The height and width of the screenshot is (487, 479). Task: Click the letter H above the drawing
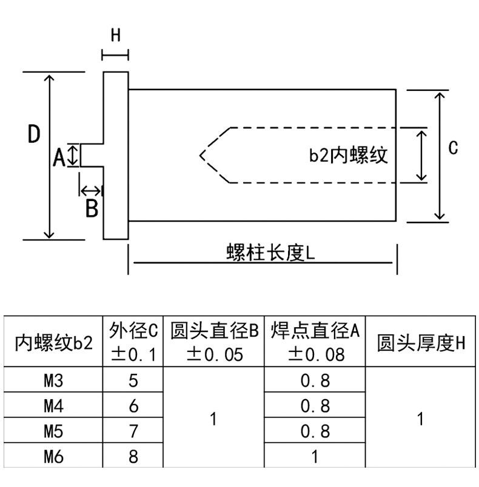[116, 35]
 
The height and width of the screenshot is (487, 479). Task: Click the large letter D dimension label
[34, 134]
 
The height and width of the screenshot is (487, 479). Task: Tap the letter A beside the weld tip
[59, 157]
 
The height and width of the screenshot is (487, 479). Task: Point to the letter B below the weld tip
[92, 208]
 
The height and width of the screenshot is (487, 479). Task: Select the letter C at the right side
[453, 148]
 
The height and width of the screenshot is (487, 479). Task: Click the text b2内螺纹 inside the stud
[348, 155]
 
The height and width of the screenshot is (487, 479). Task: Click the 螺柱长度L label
[270, 253]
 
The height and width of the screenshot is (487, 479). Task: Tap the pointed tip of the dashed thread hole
[200, 155]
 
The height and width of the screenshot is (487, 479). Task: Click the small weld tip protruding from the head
[92, 155]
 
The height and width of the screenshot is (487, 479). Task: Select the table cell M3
[53, 380]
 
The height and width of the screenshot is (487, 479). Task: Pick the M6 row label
[53, 457]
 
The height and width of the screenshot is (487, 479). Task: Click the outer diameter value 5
[133, 380]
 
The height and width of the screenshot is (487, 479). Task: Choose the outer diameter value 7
[133, 431]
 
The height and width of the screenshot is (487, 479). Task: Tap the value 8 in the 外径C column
[133, 457]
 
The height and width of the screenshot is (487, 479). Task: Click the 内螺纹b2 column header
[54, 343]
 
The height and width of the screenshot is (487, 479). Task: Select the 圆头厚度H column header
[421, 343]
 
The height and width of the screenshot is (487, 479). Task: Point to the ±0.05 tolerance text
[215, 354]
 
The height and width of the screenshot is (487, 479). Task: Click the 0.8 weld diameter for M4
[315, 406]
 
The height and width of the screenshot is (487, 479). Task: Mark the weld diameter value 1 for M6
[315, 457]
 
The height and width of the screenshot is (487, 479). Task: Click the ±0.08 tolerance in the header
[316, 354]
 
